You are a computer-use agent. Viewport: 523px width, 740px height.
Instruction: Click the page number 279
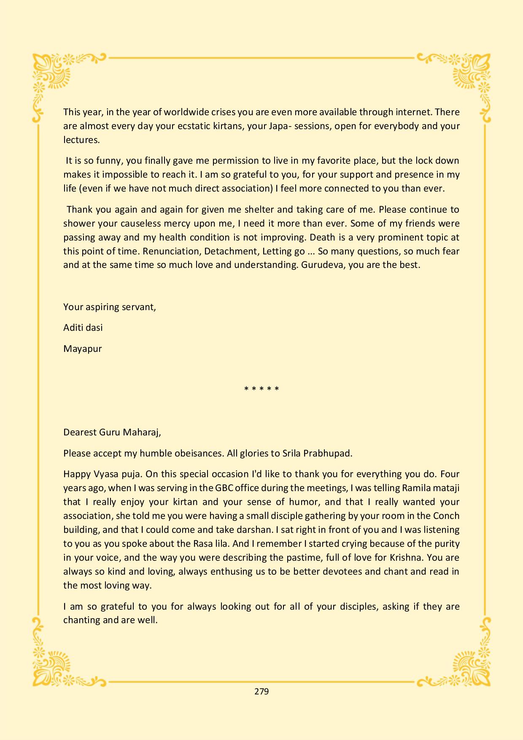tap(261, 691)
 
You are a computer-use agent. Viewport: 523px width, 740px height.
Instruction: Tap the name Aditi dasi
tap(83, 328)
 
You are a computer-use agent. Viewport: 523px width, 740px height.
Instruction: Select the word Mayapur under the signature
tap(82, 349)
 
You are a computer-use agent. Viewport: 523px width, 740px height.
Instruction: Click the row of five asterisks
tap(261, 389)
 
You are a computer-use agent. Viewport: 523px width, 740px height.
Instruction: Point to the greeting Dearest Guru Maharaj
tap(112, 432)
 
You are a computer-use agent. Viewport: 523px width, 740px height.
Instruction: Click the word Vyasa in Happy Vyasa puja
tap(102, 474)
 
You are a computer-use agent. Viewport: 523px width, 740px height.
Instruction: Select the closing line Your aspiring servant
tap(110, 307)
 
